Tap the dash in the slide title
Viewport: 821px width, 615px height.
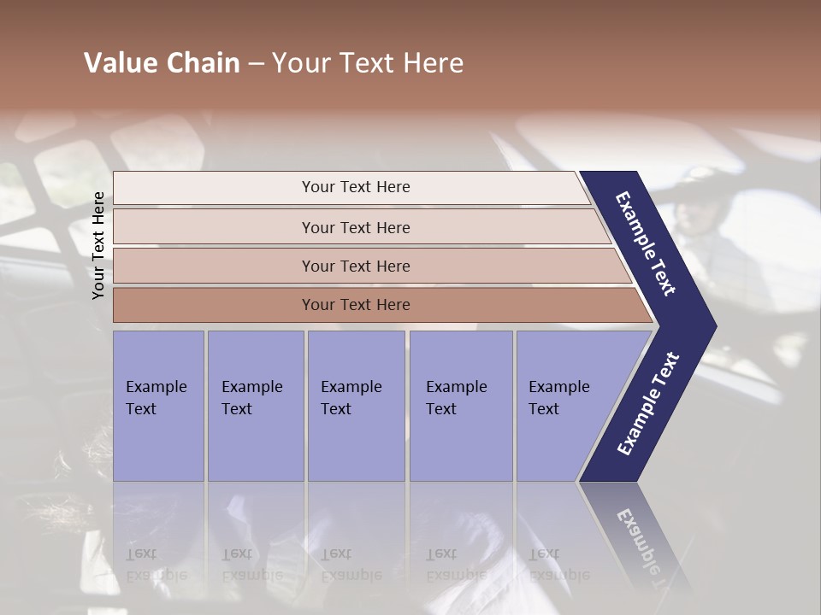tap(256, 64)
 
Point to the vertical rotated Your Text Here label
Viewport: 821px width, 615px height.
tap(98, 245)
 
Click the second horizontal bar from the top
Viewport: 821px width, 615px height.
tap(356, 227)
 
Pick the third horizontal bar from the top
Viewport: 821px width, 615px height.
tap(356, 266)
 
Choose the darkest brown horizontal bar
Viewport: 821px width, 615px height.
tap(356, 305)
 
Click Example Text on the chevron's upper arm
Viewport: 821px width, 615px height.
tap(646, 243)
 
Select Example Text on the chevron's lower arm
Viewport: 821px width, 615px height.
tap(647, 404)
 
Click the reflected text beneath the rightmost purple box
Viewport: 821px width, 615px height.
tap(558, 565)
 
